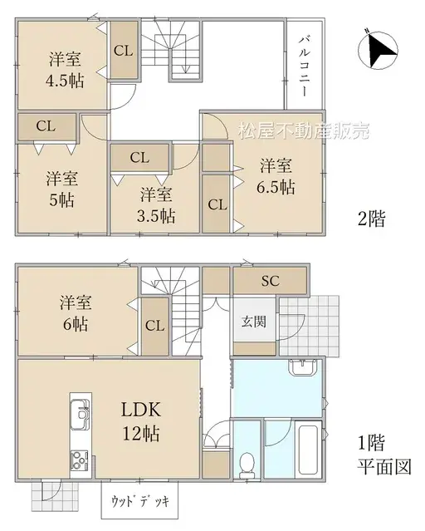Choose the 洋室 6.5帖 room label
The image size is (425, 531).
(275, 175)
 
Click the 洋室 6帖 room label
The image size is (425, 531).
(75, 312)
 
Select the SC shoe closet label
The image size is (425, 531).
(271, 281)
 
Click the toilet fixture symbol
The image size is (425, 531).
(246, 464)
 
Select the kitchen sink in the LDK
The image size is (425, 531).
(81, 412)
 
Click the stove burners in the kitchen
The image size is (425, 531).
(81, 459)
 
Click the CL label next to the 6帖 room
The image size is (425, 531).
(155, 325)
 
